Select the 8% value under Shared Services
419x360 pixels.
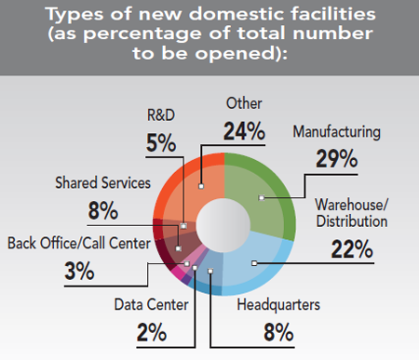102,211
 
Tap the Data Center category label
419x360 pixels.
153,304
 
